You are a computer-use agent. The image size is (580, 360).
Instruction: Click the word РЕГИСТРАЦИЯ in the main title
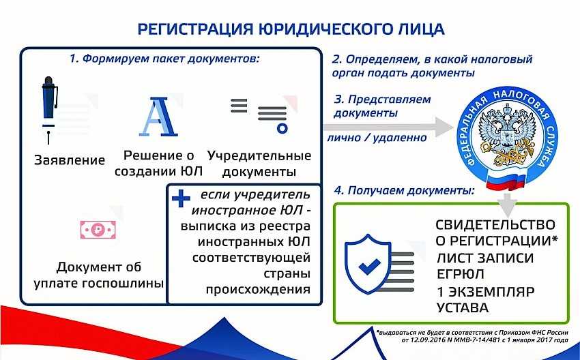point(196,29)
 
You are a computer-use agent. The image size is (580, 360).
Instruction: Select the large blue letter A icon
point(159,117)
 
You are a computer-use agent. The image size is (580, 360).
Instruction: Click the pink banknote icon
point(98,230)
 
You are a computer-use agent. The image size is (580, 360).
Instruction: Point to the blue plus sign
point(181,198)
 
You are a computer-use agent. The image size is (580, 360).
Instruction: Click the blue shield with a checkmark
point(368,264)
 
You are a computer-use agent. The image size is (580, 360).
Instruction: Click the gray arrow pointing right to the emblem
point(388,127)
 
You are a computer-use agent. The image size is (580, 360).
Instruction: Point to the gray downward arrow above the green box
point(507,205)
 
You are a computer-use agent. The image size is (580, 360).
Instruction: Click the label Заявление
point(70,160)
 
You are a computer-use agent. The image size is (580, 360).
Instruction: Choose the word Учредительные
point(259,156)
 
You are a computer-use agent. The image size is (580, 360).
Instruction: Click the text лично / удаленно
point(377,138)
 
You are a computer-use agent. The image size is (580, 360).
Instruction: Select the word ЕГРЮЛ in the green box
point(460,274)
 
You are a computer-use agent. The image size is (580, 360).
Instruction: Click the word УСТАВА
point(463,307)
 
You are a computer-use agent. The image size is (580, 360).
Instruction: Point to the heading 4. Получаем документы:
point(405,190)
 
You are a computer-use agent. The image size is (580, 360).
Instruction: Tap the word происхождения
point(258,289)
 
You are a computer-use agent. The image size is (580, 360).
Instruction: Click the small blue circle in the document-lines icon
point(282,128)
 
